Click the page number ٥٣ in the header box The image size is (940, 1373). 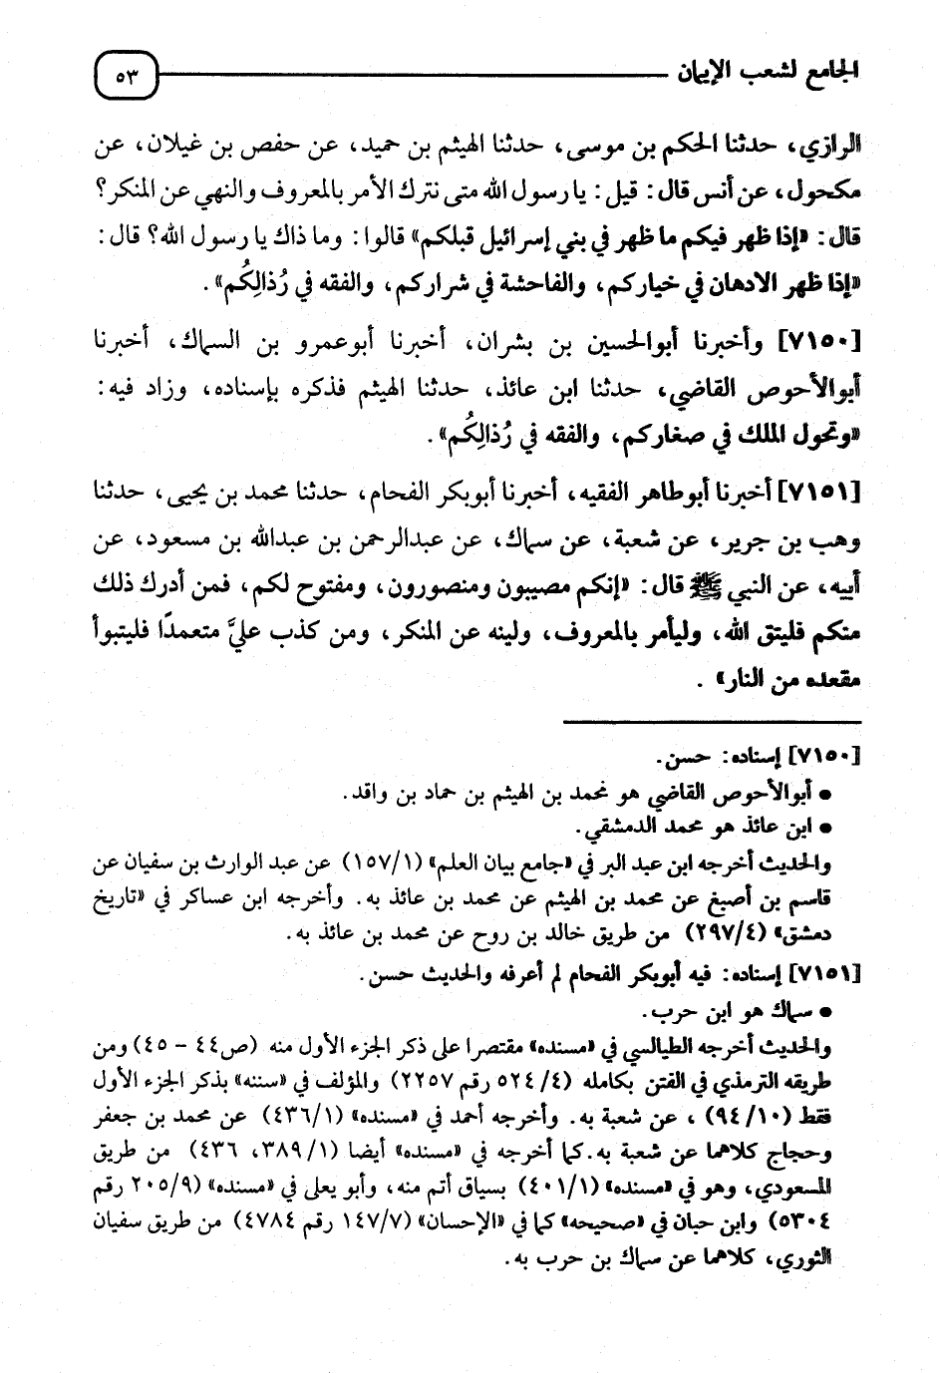127,75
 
